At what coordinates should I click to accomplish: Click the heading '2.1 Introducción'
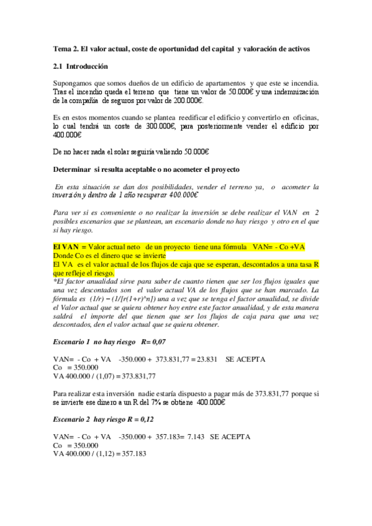[81, 66]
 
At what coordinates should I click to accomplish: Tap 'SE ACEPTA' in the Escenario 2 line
[230, 437]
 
